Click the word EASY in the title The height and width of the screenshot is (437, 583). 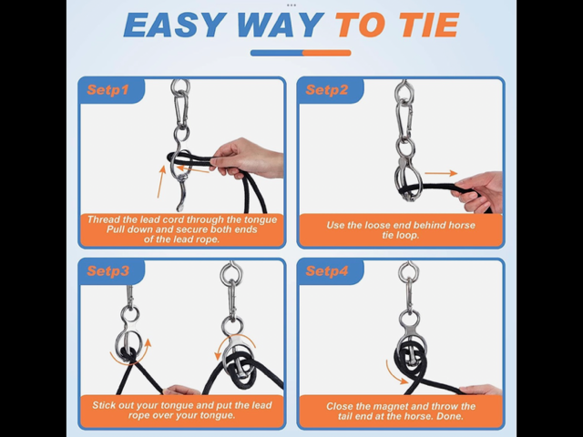[175, 25]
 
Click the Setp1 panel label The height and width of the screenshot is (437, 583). [107, 90]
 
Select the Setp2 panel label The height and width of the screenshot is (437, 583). [327, 90]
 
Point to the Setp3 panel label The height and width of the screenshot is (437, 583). [108, 271]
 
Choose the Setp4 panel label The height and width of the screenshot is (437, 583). [327, 271]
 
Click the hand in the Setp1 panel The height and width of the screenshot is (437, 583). [247, 158]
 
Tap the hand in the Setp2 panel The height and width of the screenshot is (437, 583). [480, 192]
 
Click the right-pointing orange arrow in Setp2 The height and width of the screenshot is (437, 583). [441, 173]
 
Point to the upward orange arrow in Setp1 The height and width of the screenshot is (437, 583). [161, 182]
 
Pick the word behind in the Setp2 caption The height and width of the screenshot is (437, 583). [429, 225]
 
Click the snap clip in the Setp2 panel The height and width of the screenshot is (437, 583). [404, 120]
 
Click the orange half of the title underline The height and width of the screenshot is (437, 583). [326, 53]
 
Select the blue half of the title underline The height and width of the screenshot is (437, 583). [276, 53]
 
